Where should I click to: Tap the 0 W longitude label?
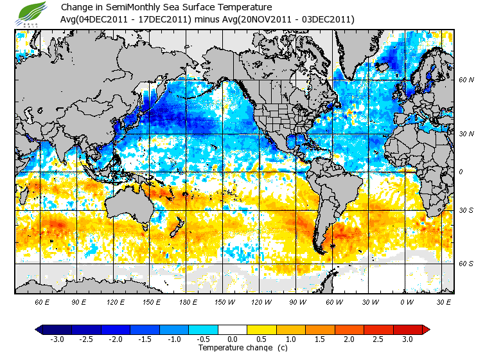coord(406,301)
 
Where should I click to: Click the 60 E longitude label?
coord(42,301)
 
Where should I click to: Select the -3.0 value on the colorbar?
coord(58,339)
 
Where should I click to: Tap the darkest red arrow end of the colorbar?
coord(425,329)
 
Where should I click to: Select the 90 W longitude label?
coord(297,301)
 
